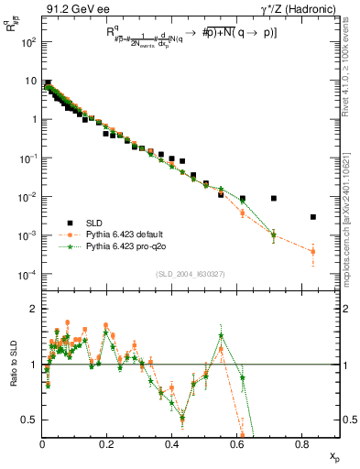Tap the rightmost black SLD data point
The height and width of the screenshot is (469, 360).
(x=313, y=217)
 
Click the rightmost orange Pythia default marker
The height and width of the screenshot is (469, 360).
(x=313, y=251)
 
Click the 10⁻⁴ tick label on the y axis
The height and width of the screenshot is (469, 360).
(x=30, y=275)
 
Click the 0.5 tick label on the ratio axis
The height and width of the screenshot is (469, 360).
(x=31, y=420)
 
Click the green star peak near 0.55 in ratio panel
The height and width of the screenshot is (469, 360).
(x=221, y=335)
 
